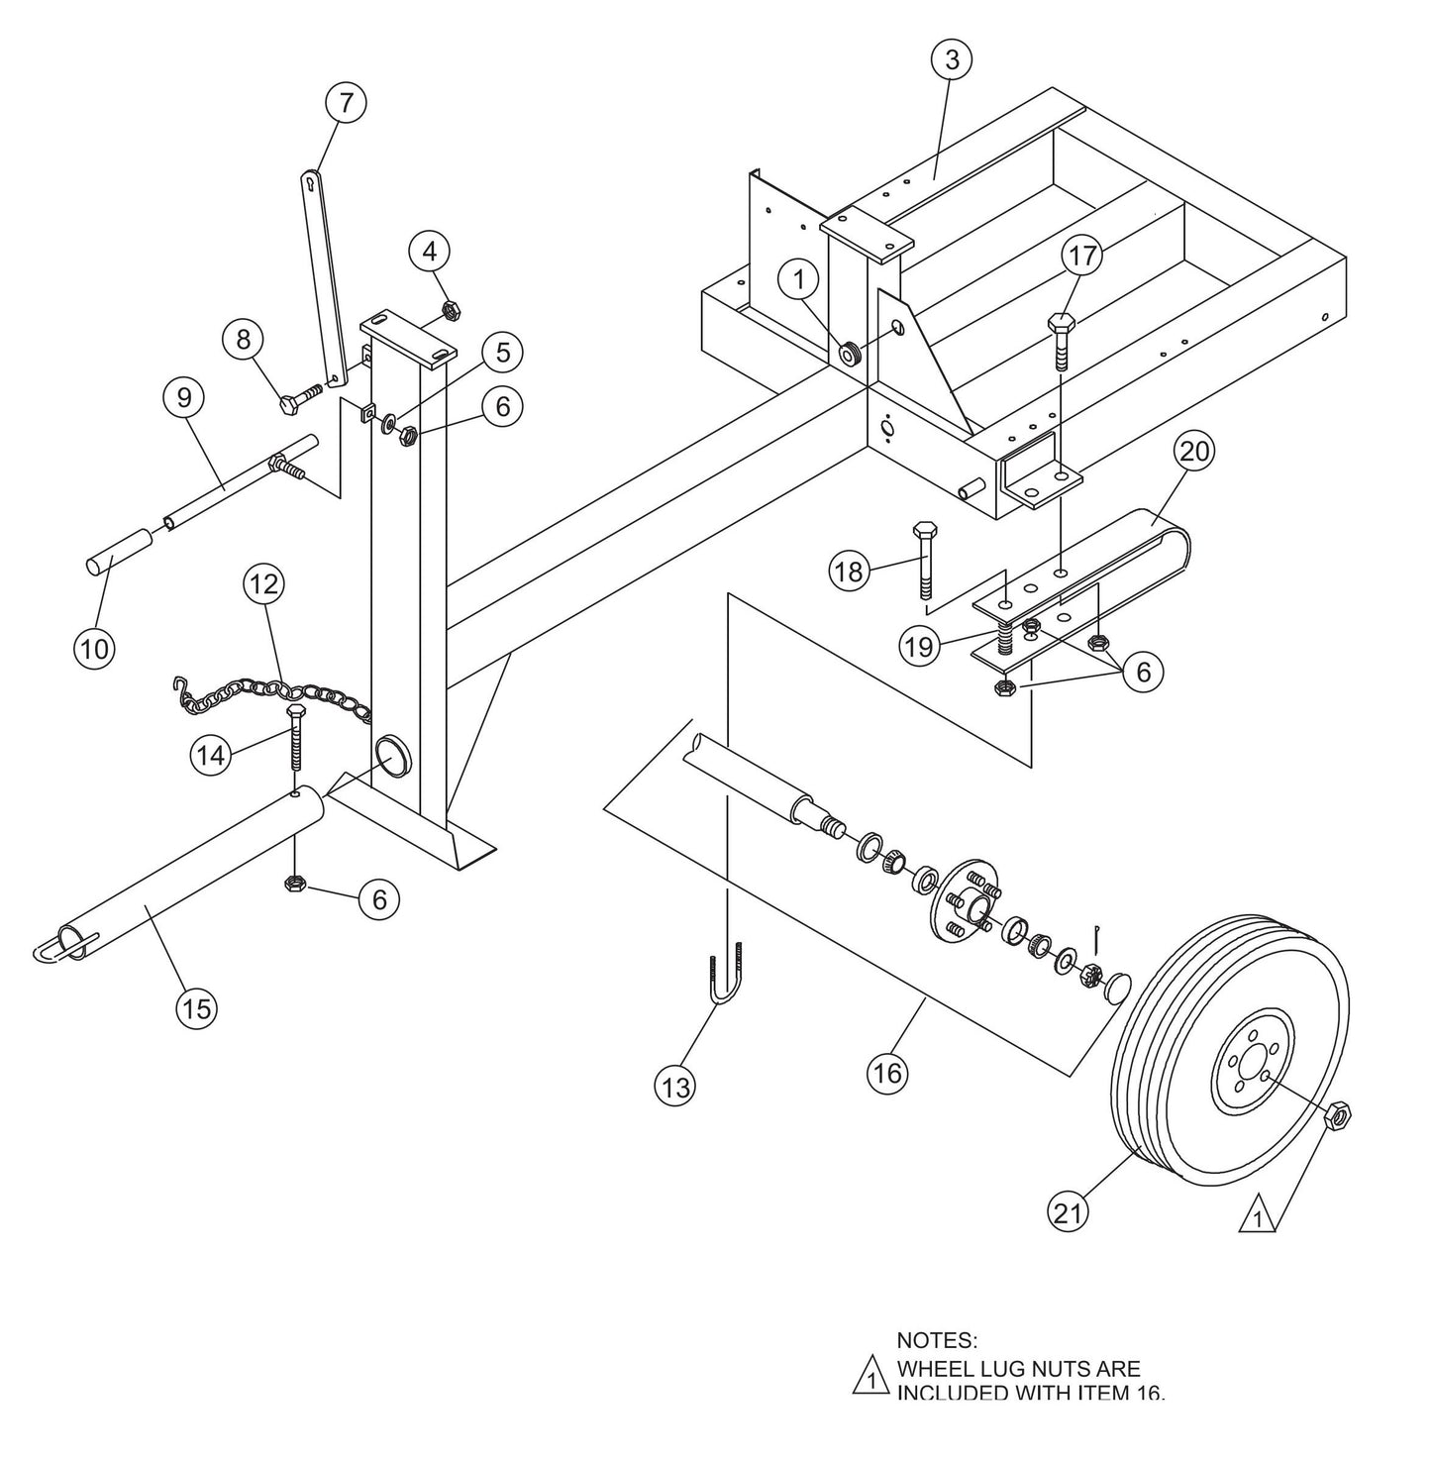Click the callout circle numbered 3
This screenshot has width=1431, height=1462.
(x=952, y=59)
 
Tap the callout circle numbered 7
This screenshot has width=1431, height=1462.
(x=345, y=103)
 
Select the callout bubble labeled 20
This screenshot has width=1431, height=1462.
(x=1194, y=452)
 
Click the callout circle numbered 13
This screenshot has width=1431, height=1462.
(x=675, y=1088)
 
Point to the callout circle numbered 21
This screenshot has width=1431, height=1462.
(x=1069, y=1212)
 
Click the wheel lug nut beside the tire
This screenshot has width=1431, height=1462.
(x=1339, y=1116)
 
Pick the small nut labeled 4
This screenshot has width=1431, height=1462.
(x=447, y=310)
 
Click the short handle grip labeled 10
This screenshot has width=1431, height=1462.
(x=118, y=550)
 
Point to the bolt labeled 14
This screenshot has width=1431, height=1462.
(x=295, y=739)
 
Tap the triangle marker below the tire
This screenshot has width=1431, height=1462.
(x=1257, y=1215)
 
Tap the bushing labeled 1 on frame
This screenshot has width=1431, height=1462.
(x=850, y=353)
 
